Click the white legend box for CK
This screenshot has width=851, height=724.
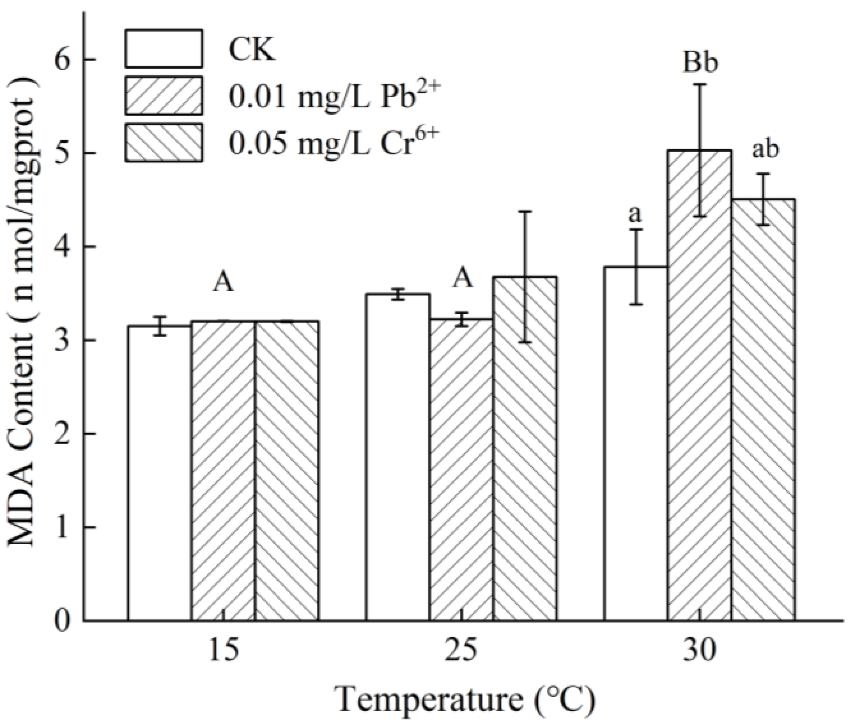click(x=163, y=48)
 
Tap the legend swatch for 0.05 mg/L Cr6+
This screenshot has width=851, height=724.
click(x=163, y=143)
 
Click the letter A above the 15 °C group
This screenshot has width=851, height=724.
click(x=223, y=282)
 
